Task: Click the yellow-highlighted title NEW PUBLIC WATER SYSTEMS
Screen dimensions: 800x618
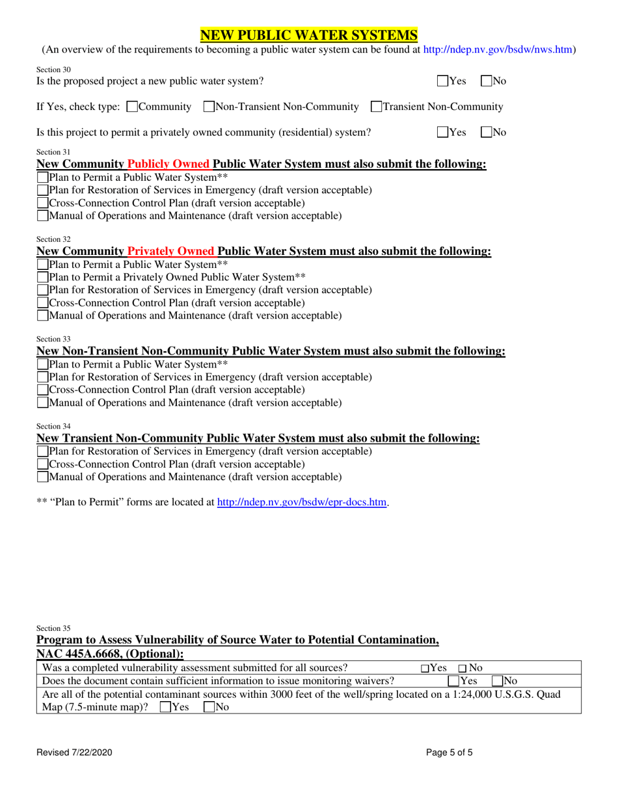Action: (309, 34)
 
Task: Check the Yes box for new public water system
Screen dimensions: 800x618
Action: (442, 81)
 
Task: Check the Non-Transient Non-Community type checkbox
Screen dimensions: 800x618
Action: (209, 106)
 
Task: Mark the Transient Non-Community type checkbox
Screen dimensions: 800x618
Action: (375, 106)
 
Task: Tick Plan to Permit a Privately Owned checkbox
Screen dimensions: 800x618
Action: (42, 277)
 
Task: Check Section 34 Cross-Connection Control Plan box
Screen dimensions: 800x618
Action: (42, 464)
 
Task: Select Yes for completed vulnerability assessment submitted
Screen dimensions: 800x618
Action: (424, 668)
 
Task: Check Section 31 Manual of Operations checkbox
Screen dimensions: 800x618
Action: (42, 215)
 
